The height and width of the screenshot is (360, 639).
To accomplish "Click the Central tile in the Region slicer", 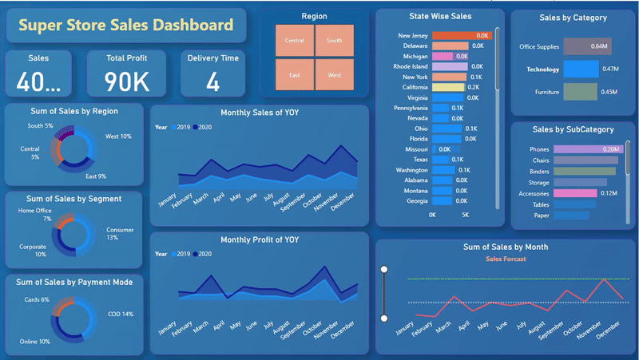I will [294, 40].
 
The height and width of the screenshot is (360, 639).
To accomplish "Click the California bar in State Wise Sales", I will [448, 87].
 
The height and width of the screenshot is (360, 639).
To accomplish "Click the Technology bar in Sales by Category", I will [581, 69].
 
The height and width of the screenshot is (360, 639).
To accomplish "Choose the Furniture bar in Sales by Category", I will [580, 92].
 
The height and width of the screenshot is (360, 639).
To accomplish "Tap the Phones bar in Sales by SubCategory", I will [586, 149].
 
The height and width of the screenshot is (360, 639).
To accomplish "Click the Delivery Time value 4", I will [212, 82].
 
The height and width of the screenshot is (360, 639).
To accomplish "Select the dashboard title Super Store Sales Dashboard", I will [125, 26].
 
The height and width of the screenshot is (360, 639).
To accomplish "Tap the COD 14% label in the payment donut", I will [121, 315].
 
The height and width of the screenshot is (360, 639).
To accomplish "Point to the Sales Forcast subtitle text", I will [505, 259].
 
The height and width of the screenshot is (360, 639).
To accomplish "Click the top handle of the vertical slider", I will [384, 269].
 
